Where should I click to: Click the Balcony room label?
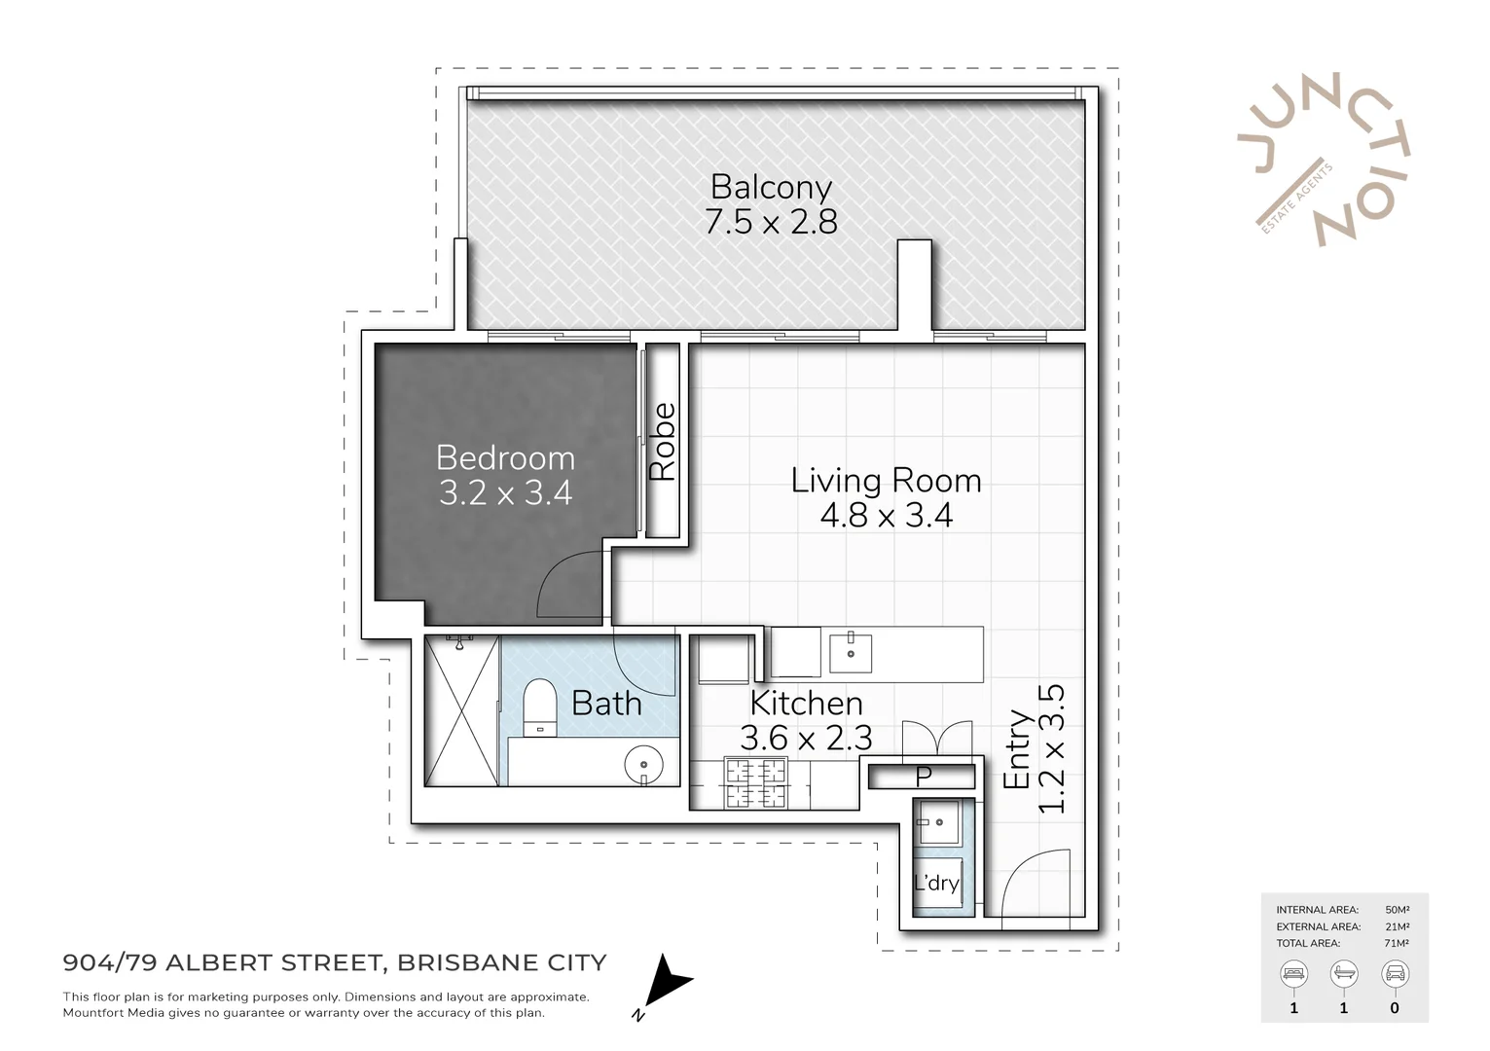pos(771,186)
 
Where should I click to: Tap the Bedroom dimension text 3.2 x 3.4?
pos(505,493)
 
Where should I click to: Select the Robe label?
pos(663,442)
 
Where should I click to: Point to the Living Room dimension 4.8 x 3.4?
pos(886,516)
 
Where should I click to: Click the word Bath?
pos(606,703)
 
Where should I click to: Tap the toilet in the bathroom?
pos(539,707)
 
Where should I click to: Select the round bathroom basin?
pos(642,763)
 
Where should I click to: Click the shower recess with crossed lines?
pos(462,710)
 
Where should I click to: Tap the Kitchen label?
pos(806,703)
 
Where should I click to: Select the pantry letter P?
pos(924,776)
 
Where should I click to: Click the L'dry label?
pos(936,883)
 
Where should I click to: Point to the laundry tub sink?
pos(937,822)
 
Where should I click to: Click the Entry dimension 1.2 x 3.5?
pos(1053,749)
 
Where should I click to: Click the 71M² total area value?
pos(1397,943)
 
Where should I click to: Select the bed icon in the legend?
pos(1293,973)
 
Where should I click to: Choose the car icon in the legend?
pos(1395,973)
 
